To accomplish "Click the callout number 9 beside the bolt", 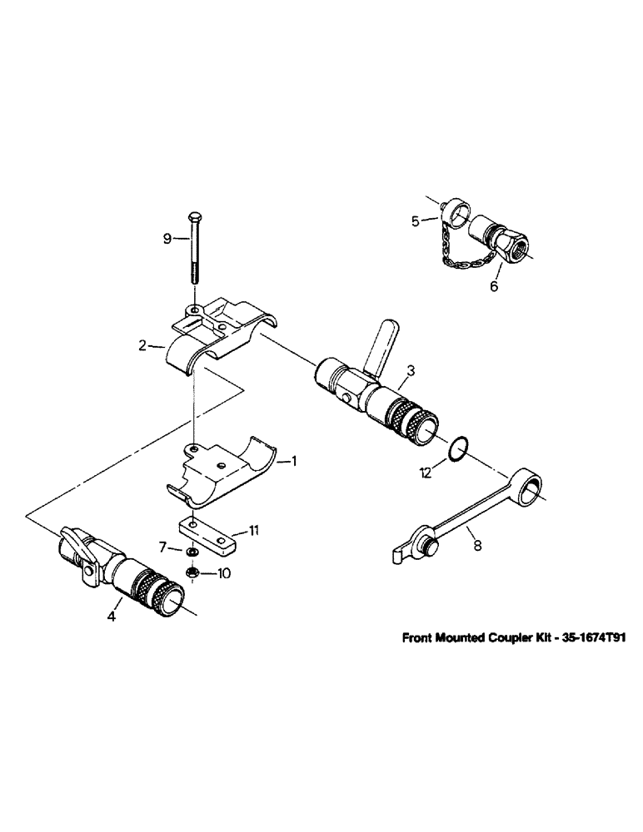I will [x=167, y=239].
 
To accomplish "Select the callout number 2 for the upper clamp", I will [x=142, y=343].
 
